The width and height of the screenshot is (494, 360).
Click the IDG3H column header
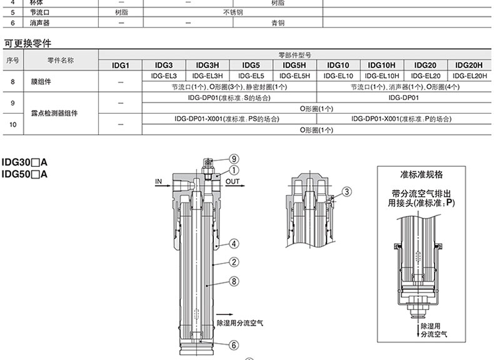pos(208,65)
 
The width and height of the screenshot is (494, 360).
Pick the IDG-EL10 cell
pos(338,76)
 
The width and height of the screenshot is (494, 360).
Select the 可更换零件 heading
pos(28,44)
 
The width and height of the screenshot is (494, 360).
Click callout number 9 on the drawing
pos(234,158)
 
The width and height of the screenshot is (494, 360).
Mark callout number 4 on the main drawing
pos(233,243)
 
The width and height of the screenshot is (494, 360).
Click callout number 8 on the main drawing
pos(233,282)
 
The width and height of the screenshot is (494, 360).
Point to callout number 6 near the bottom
pos(233,344)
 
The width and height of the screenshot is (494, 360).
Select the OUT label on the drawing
pos(232,182)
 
